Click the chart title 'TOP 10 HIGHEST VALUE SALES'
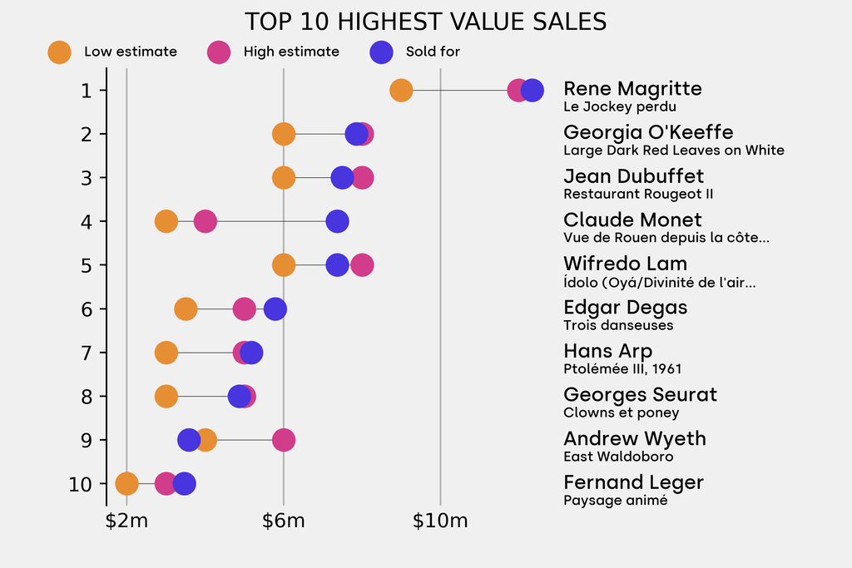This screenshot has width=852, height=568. tap(425, 22)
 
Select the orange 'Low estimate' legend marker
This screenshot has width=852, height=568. tap(59, 52)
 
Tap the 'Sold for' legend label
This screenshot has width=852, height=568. tap(433, 52)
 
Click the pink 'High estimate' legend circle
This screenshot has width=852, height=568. tap(219, 52)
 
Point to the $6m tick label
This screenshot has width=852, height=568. tap(283, 521)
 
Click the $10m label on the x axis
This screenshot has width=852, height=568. tap(440, 521)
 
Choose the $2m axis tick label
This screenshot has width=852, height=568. tap(126, 521)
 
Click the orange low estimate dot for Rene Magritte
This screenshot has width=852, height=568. tap(401, 90)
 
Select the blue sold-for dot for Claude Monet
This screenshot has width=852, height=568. tap(337, 221)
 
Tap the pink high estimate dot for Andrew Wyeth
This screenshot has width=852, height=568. tap(284, 440)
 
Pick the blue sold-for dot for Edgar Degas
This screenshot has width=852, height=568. tap(275, 309)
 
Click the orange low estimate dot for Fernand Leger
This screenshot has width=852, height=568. tap(126, 483)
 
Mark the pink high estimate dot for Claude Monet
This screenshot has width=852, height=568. tap(205, 221)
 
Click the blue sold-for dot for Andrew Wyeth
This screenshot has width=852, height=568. tap(189, 440)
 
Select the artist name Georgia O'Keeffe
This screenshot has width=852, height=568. tap(648, 132)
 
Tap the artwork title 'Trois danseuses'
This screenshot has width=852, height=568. tap(618, 325)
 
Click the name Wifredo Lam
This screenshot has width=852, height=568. tap(625, 264)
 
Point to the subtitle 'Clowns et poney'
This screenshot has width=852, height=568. tap(621, 412)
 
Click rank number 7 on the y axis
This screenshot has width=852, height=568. tap(87, 353)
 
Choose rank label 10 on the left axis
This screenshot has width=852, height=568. tap(81, 483)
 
